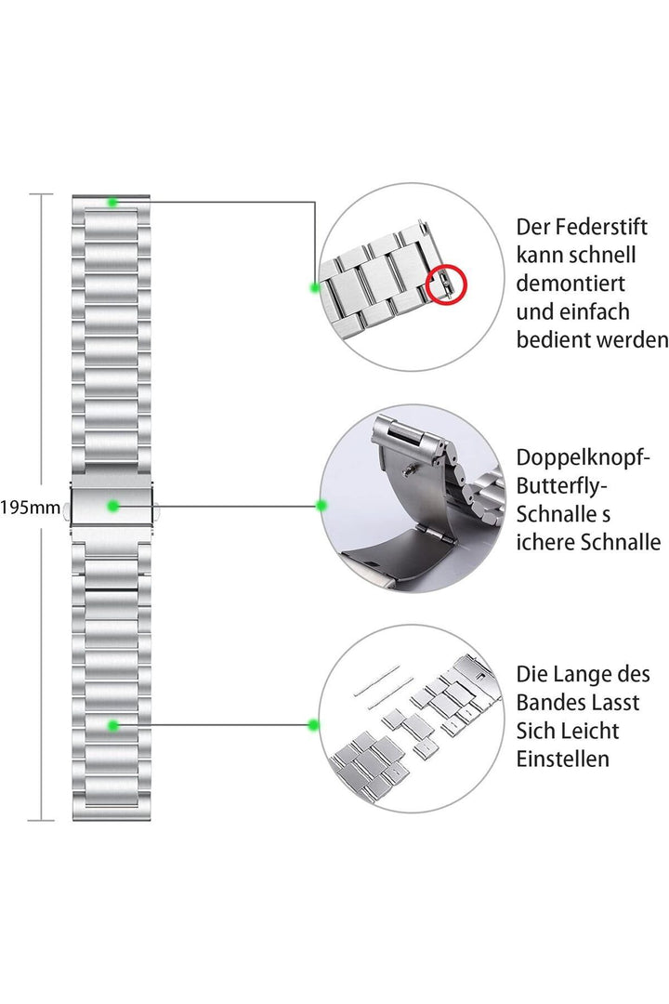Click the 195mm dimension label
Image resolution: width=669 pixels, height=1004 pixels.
(30, 509)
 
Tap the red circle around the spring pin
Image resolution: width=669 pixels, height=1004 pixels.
(447, 283)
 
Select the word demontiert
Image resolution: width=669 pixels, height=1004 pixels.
(571, 283)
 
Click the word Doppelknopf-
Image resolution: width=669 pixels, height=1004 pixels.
(584, 457)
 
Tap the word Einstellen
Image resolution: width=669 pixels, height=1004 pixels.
(563, 759)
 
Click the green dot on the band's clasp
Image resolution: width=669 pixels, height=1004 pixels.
(112, 506)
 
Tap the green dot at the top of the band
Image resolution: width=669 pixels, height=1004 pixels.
(111, 202)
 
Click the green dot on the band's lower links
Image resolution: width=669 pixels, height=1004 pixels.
(112, 724)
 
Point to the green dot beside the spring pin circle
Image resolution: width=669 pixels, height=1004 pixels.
(316, 287)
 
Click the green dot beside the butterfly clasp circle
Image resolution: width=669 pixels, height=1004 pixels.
(321, 506)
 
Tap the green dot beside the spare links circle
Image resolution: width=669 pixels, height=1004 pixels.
(314, 724)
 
